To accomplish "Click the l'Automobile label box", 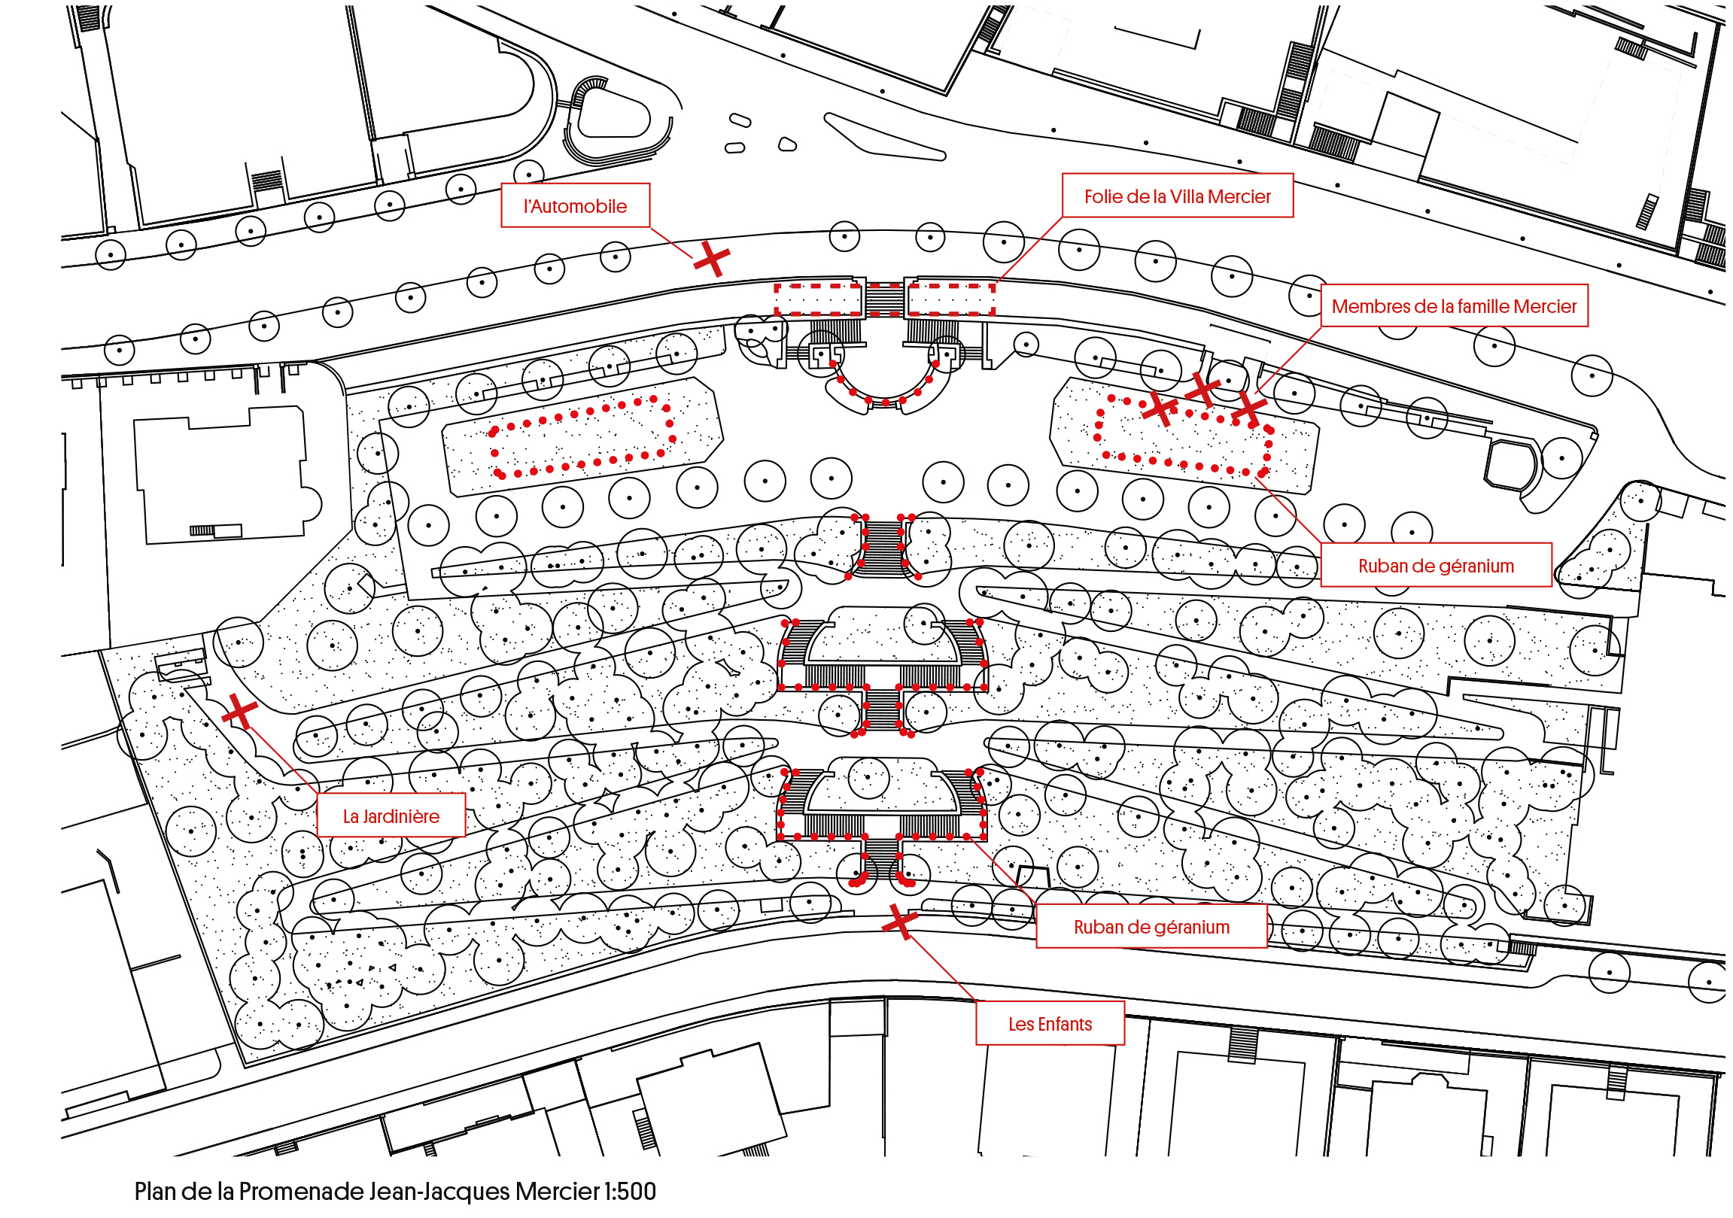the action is pyautogui.click(x=575, y=205).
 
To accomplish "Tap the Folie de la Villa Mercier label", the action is pyautogui.click(x=1178, y=196).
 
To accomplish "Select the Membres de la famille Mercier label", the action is pyautogui.click(x=1454, y=305).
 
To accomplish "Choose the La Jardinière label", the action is pyautogui.click(x=391, y=816).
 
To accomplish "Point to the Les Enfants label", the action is pyautogui.click(x=1050, y=1023).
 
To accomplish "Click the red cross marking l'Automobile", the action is pyautogui.click(x=711, y=260).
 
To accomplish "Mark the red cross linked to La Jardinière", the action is pyautogui.click(x=239, y=711).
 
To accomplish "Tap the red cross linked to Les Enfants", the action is pyautogui.click(x=900, y=922).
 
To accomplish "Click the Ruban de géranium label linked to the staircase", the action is pyautogui.click(x=1151, y=927).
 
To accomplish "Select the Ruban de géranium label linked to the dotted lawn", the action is pyautogui.click(x=1436, y=565).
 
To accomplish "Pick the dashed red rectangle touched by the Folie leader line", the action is pyautogui.click(x=950, y=299).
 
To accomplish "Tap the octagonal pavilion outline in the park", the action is pyautogui.click(x=1510, y=466).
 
